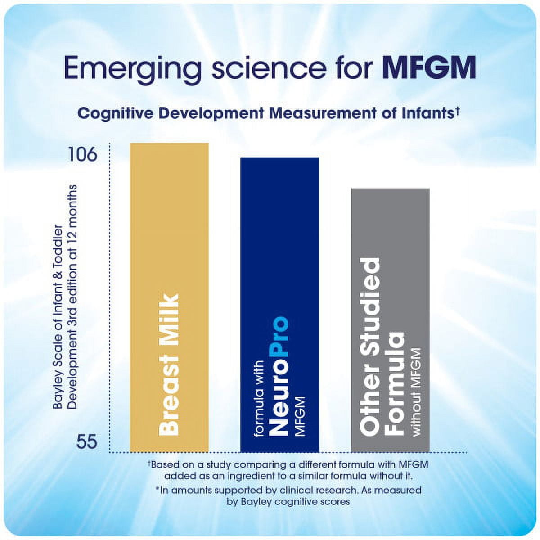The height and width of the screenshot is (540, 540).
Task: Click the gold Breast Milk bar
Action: (169, 225)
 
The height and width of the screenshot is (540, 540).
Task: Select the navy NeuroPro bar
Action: (279, 225)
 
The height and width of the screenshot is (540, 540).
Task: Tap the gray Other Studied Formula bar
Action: (390, 225)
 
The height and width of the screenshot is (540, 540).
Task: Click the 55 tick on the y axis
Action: (86, 441)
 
